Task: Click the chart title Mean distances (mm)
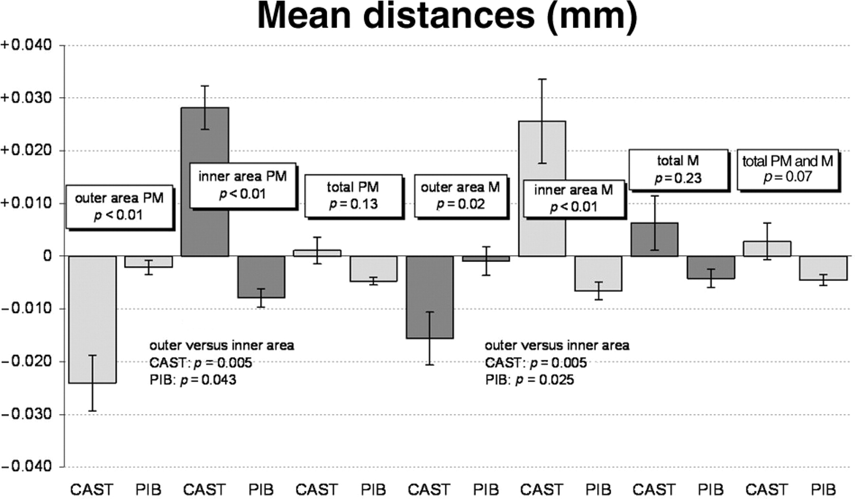click(446, 16)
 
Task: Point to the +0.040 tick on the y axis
click(26, 46)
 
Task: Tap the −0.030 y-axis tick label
click(26, 414)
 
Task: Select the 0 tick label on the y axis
click(47, 256)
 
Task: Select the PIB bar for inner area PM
click(261, 277)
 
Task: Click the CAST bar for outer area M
click(430, 297)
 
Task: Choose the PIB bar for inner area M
click(598, 274)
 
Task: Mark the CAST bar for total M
click(655, 240)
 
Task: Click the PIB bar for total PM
click(373, 269)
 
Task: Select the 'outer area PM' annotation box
click(119, 206)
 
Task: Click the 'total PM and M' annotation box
click(788, 169)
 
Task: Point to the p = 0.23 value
click(678, 178)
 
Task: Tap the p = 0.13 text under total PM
click(353, 204)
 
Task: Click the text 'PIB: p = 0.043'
click(192, 380)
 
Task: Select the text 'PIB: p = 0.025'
click(529, 380)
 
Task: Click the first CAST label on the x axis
click(92, 489)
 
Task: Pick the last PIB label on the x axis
click(823, 489)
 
